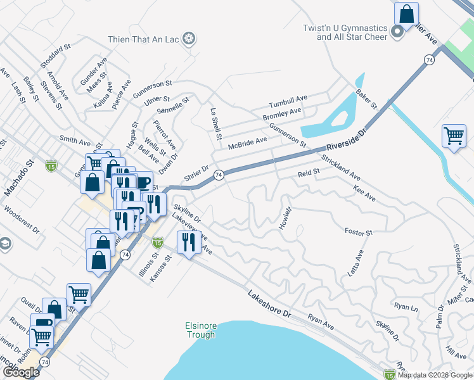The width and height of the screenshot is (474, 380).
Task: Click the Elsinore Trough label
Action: (201, 330)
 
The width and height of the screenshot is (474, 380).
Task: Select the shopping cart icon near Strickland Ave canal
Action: (454, 136)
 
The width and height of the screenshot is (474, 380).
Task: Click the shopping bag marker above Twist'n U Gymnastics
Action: (406, 13)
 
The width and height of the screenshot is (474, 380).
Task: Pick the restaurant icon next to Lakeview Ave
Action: (189, 243)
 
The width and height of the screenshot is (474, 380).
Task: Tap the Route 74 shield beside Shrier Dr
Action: (218, 175)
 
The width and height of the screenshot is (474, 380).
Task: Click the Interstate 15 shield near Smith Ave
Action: (51, 166)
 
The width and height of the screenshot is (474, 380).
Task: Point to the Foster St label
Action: (358, 232)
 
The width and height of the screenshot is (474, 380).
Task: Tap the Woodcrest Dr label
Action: (22, 218)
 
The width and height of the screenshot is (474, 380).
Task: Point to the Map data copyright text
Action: (435, 375)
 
